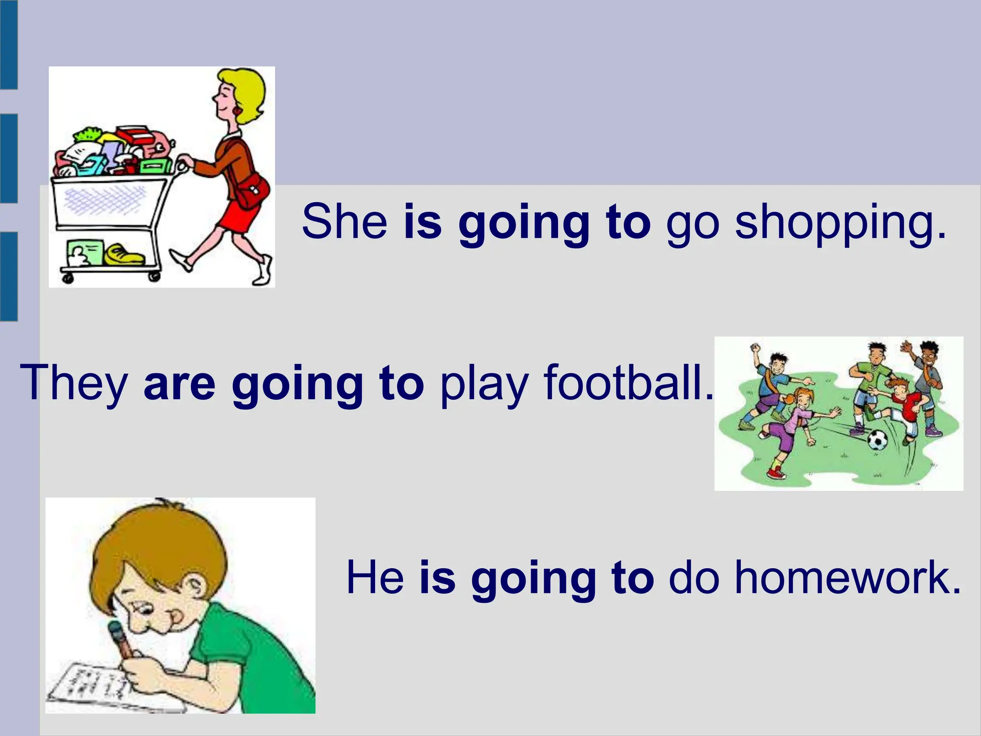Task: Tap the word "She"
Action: (344, 221)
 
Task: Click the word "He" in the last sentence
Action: (375, 578)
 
